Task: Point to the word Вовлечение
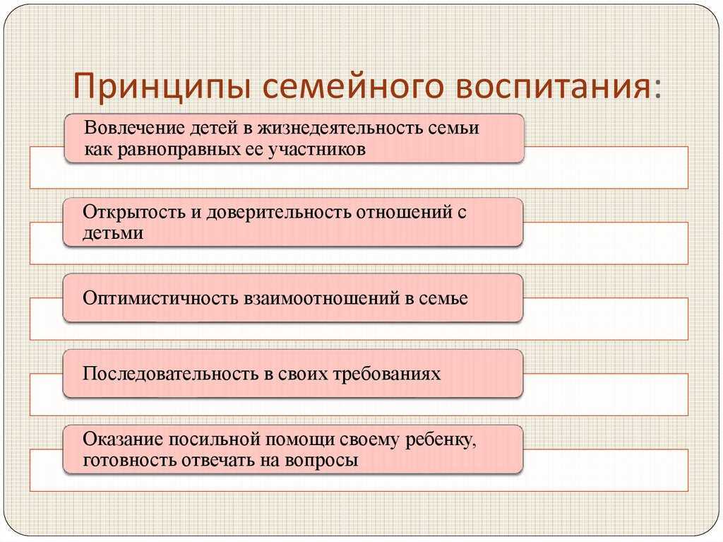pos(133,129)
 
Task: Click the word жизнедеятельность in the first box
pos(331,129)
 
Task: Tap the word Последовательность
pos(169,373)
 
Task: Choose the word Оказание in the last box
pos(121,440)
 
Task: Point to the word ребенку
pos(443,440)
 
